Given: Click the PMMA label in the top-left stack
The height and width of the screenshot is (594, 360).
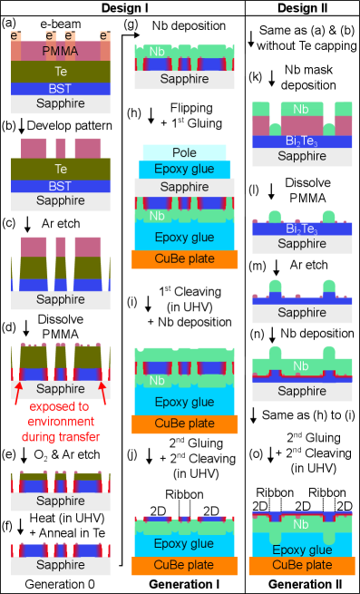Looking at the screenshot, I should click(x=60, y=51).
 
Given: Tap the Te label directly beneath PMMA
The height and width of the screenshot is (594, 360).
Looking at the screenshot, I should click(x=60, y=71).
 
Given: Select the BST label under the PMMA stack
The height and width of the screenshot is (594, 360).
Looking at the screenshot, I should click(x=60, y=88).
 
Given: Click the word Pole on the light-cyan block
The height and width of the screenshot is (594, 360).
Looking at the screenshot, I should click(x=184, y=152).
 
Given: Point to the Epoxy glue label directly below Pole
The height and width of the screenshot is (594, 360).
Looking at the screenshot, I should click(x=184, y=170).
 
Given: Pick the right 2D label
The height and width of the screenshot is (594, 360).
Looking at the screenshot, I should click(x=211, y=511).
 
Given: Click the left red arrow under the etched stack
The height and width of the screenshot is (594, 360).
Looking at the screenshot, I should click(x=18, y=393).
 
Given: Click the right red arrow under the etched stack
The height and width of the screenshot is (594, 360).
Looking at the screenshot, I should click(x=102, y=393).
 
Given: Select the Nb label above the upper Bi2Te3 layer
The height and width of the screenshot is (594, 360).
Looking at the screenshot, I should click(x=301, y=109).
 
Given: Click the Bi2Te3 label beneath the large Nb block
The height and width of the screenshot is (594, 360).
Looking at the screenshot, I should click(x=301, y=141).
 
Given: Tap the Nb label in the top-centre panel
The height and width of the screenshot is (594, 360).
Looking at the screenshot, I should click(x=157, y=52).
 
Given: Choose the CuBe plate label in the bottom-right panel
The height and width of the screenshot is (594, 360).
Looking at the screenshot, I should click(x=302, y=565).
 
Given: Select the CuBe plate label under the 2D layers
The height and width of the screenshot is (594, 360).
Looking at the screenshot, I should click(x=184, y=565).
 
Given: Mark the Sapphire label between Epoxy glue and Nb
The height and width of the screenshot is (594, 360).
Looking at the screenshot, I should click(x=184, y=187).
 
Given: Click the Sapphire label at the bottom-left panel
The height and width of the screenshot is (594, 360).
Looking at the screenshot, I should click(x=60, y=565).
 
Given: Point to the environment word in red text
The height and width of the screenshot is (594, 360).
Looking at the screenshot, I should click(x=60, y=422).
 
